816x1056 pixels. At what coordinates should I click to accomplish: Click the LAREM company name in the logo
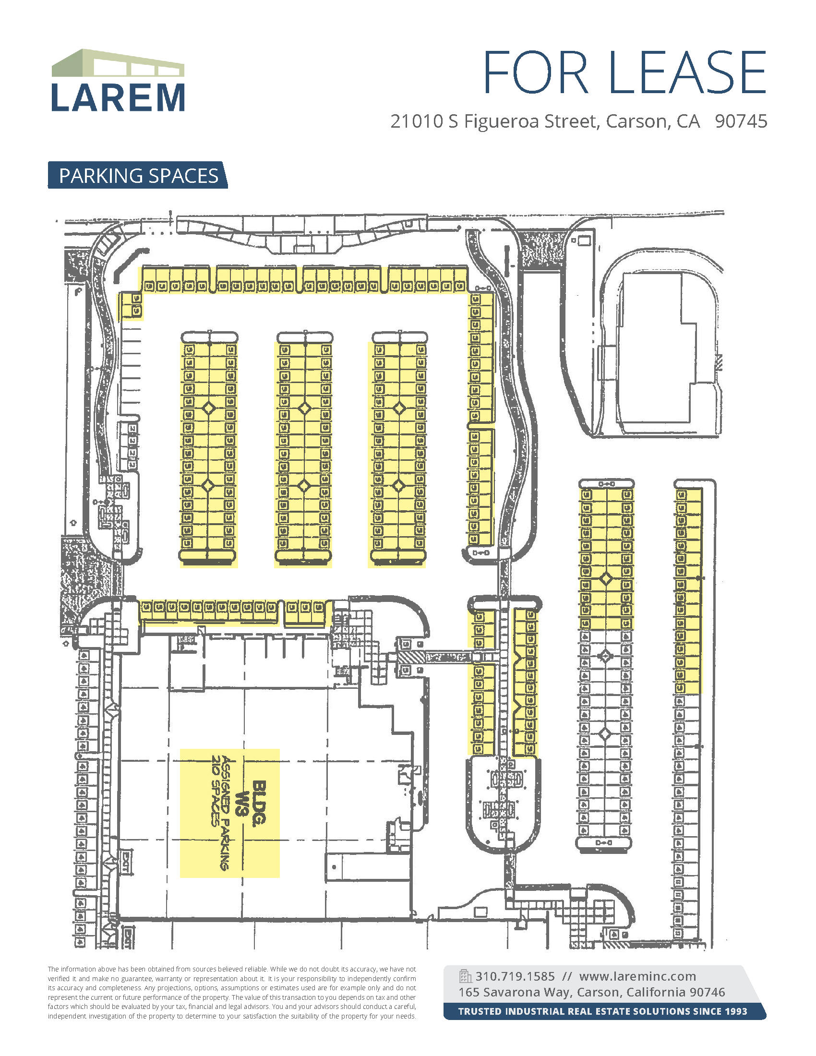click(118, 97)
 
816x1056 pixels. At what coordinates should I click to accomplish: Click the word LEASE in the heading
click(687, 72)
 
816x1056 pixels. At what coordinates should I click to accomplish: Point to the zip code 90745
click(741, 121)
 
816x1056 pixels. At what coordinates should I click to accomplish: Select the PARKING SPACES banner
click(138, 176)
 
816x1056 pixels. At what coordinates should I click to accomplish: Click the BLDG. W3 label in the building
click(252, 803)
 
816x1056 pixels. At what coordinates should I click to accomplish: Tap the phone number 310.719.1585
click(515, 976)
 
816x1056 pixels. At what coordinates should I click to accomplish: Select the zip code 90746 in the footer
click(707, 992)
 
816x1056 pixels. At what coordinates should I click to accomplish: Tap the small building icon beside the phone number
click(465, 976)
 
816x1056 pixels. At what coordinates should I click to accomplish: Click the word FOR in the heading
click(535, 72)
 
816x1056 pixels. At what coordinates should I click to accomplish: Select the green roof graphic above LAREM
click(118, 63)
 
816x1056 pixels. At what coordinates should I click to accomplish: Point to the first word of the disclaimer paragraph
click(53, 969)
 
